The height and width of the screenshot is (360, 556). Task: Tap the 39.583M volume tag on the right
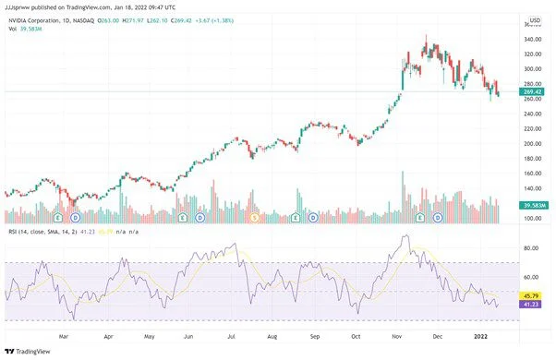pos(534,205)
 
